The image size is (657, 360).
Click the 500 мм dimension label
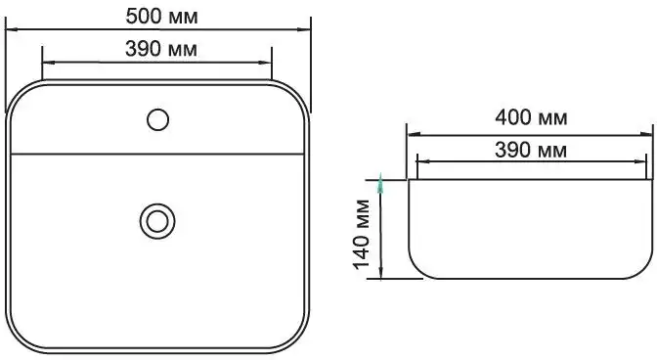pos(161,17)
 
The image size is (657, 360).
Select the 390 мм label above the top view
pos(161,49)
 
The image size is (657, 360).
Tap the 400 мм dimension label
pos(531,117)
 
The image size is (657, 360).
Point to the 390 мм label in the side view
pos(531,150)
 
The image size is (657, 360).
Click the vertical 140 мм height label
pos(362,234)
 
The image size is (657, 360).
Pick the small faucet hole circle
pos(158,119)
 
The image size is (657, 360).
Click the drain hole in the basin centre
pos(157,221)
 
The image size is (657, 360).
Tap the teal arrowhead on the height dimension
pos(380,183)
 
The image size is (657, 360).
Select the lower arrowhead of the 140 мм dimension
pos(380,272)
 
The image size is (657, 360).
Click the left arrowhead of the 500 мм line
pos(11,29)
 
